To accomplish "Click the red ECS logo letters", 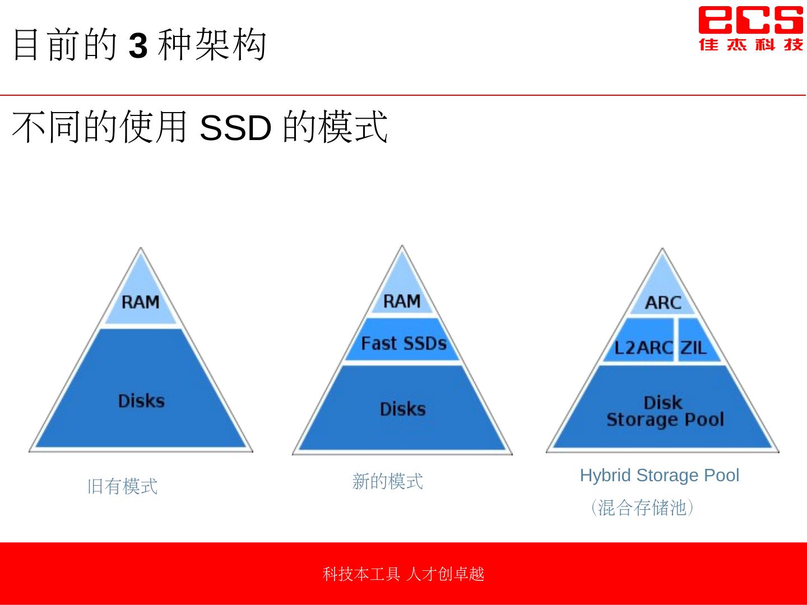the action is click(x=750, y=20).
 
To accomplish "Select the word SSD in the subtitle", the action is click(x=235, y=128).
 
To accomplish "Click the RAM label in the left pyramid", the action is click(x=141, y=302).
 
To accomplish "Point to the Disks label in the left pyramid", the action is click(x=141, y=401).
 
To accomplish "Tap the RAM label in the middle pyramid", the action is click(x=402, y=301).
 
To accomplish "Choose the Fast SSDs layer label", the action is click(x=403, y=343).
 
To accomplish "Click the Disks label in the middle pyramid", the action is click(x=402, y=409).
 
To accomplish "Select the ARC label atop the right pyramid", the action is click(x=663, y=303).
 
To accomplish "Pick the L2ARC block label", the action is click(x=643, y=348).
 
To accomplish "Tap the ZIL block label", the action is click(x=693, y=348).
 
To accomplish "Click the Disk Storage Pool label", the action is click(x=665, y=411).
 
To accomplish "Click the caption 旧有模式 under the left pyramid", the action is click(x=122, y=486).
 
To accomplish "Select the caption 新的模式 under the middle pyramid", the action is click(x=387, y=481).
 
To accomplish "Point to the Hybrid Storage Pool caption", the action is click(x=660, y=476).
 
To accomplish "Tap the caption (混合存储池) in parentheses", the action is click(x=642, y=508).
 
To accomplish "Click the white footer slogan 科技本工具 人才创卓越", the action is click(x=403, y=574).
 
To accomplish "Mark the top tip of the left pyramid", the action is click(x=141, y=249).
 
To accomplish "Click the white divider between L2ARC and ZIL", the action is click(x=676, y=340).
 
